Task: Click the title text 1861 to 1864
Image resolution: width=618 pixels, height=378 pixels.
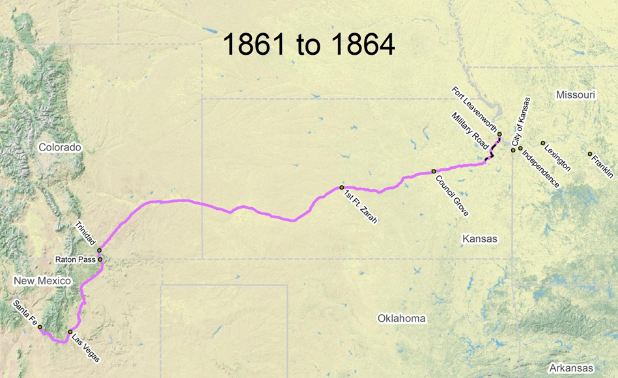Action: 309,44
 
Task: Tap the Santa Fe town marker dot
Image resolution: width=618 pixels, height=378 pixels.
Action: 40,327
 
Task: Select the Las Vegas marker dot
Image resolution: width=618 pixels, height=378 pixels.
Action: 70,332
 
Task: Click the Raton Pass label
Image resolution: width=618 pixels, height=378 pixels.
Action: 75,259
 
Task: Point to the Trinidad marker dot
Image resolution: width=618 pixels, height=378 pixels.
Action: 100,250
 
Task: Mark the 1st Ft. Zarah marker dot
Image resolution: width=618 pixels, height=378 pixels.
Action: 342,187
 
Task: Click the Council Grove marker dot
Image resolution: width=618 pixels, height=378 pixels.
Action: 434,171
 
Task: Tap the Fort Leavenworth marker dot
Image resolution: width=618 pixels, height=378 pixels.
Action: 499,134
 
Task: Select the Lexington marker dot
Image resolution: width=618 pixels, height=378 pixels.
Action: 543,143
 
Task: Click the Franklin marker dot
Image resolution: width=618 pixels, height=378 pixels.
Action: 590,154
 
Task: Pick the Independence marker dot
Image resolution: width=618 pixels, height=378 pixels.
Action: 520,149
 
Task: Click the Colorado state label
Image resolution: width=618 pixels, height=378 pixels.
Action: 59,147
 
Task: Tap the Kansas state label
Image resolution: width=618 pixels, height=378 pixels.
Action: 479,239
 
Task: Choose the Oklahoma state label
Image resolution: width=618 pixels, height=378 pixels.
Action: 401,319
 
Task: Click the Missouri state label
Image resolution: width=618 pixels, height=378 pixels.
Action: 575,95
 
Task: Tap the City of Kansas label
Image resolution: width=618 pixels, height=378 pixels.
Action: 521,121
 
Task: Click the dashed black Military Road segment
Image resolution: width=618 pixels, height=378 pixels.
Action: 493,150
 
